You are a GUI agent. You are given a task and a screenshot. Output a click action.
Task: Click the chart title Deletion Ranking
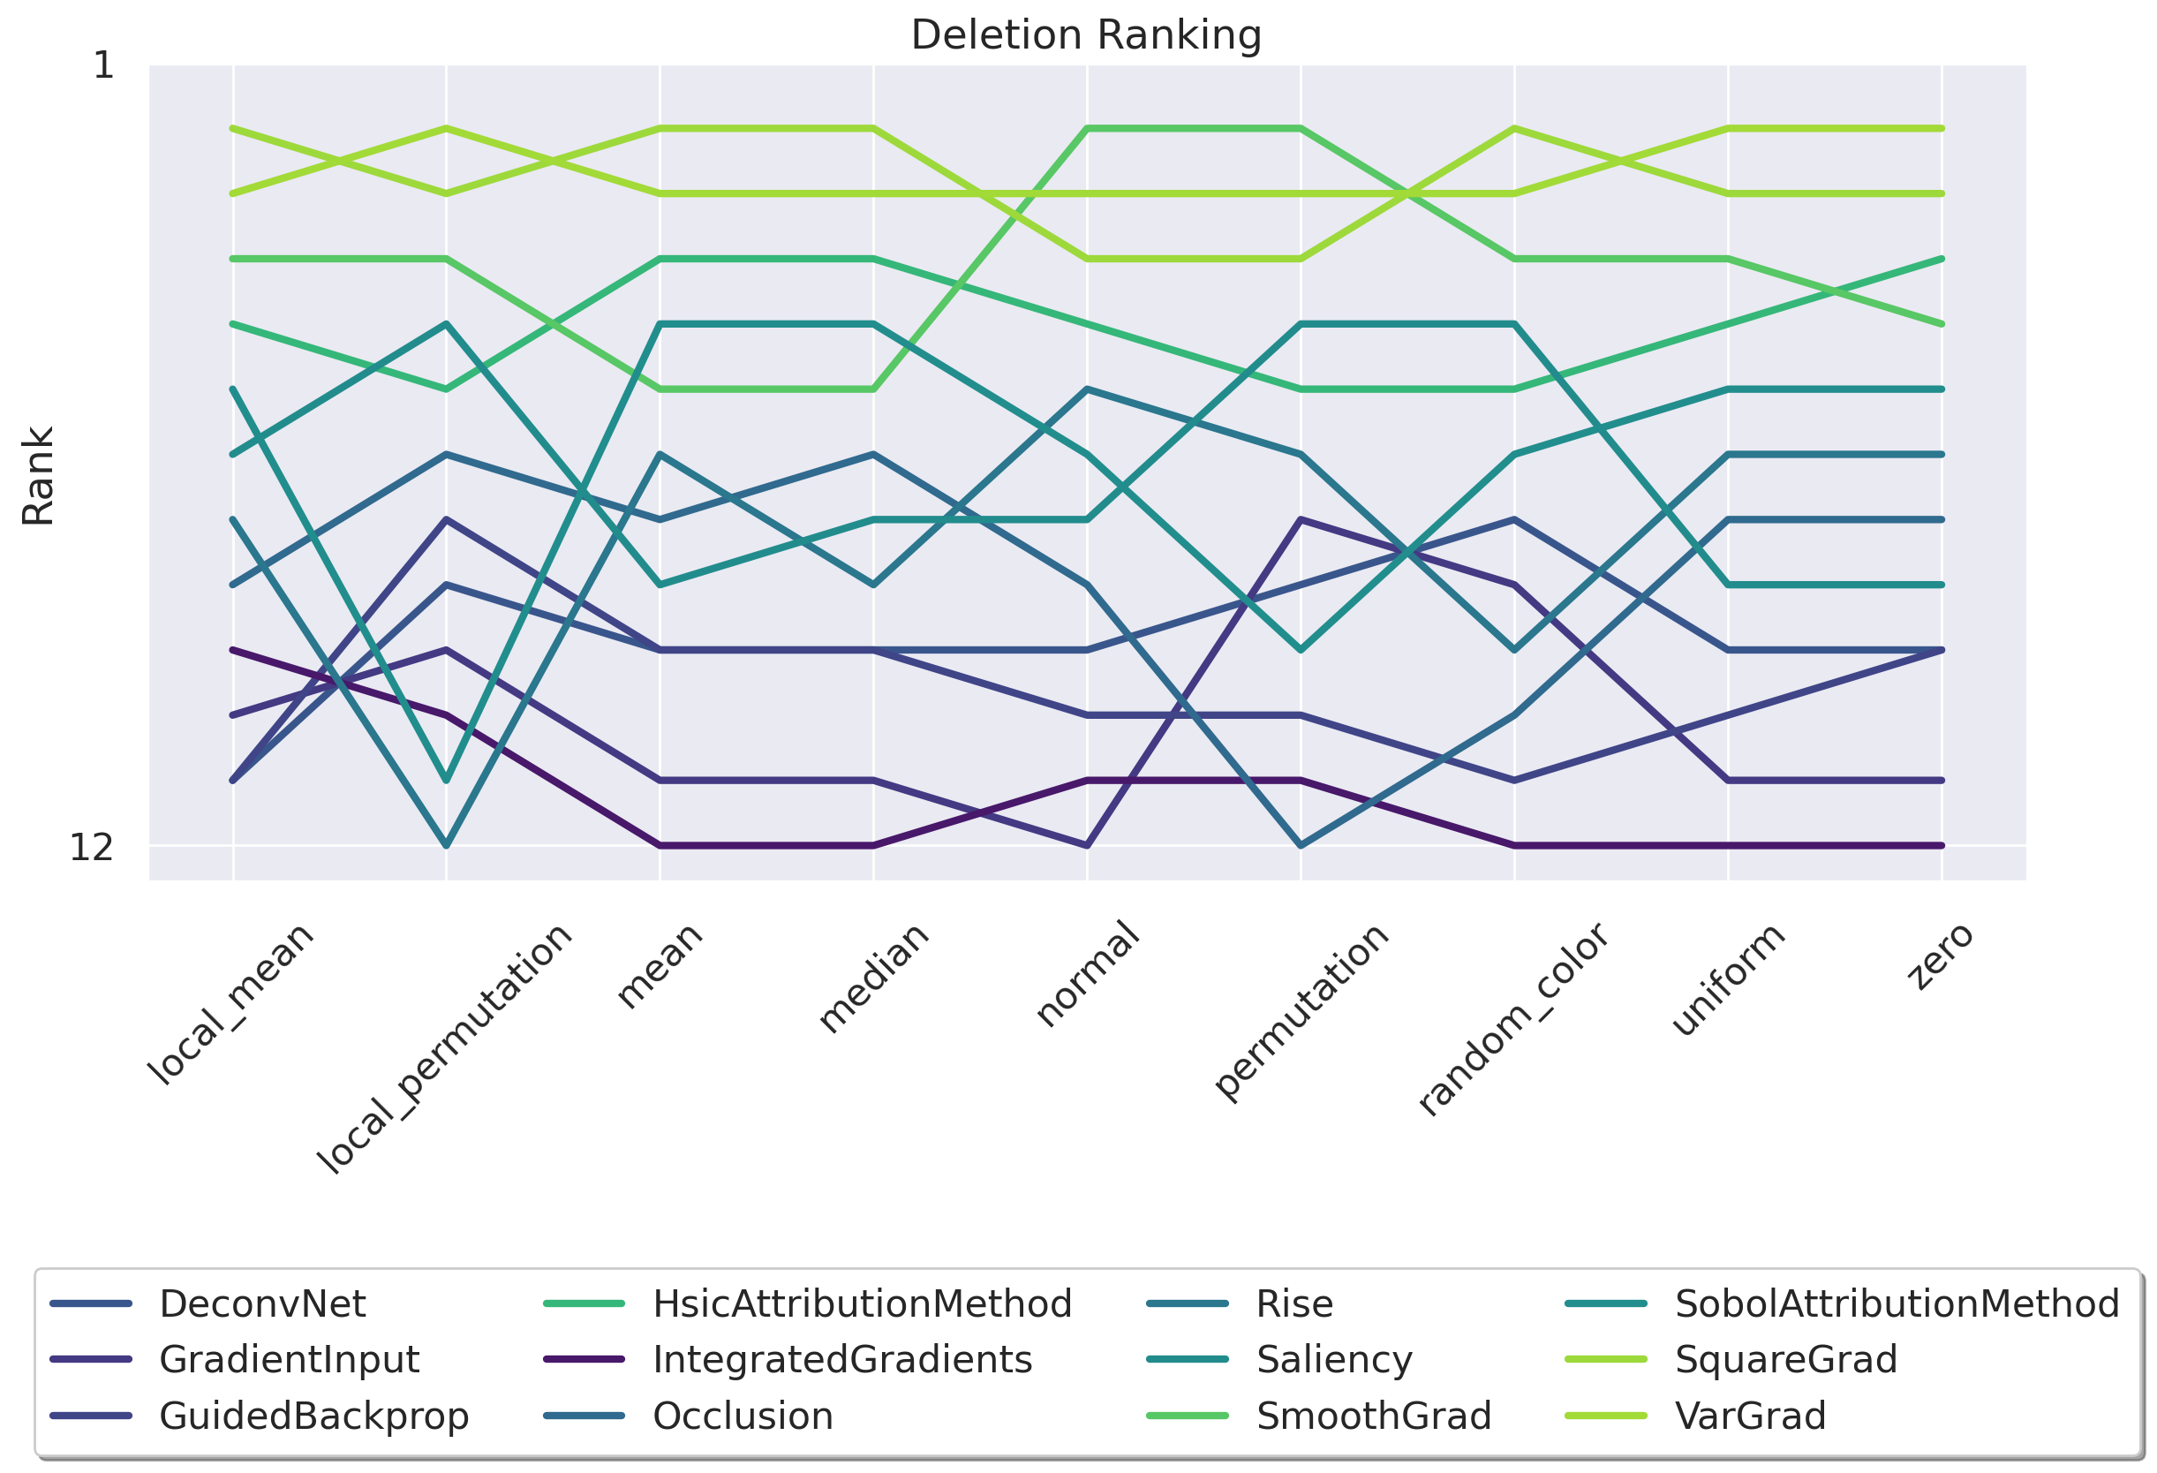pos(1086,35)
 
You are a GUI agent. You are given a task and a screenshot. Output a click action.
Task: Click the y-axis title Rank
pos(38,475)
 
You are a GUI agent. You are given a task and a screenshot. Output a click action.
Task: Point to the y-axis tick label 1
pos(103,66)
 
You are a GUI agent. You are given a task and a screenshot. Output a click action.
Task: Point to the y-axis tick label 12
pos(91,848)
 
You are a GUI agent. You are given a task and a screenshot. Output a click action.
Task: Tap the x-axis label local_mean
pos(231,1003)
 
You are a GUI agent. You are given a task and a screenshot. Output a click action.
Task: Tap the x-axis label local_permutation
pos(445,1049)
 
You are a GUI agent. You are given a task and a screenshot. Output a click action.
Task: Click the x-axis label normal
pos(1087,974)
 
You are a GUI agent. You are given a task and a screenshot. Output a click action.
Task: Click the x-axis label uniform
pos(1727,978)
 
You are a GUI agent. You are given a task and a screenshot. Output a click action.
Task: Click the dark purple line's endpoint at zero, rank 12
pos(1942,845)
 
